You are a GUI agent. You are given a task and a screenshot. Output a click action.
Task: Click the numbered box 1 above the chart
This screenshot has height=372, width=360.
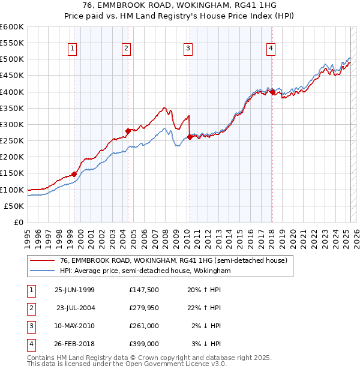click(72, 49)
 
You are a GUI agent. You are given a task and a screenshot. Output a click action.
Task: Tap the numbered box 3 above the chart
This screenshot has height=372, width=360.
click(188, 49)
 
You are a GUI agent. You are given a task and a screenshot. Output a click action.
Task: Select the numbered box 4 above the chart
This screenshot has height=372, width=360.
click(271, 49)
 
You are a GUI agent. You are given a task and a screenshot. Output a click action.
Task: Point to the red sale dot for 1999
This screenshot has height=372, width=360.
click(74, 174)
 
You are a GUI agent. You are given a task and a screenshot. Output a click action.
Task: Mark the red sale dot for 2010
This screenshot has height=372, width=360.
click(190, 137)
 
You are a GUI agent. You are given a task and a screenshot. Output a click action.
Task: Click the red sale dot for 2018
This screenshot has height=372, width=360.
click(272, 92)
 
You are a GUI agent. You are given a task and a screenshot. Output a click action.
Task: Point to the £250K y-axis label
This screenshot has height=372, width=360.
click(13, 141)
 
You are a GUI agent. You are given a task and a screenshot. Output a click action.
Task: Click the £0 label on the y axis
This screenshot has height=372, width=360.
click(18, 222)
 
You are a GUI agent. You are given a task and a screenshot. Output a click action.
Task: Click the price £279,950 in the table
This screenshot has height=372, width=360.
click(144, 308)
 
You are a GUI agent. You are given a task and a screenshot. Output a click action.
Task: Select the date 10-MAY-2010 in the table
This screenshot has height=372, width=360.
click(74, 326)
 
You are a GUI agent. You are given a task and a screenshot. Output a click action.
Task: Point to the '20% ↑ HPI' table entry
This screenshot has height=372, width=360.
click(204, 290)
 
